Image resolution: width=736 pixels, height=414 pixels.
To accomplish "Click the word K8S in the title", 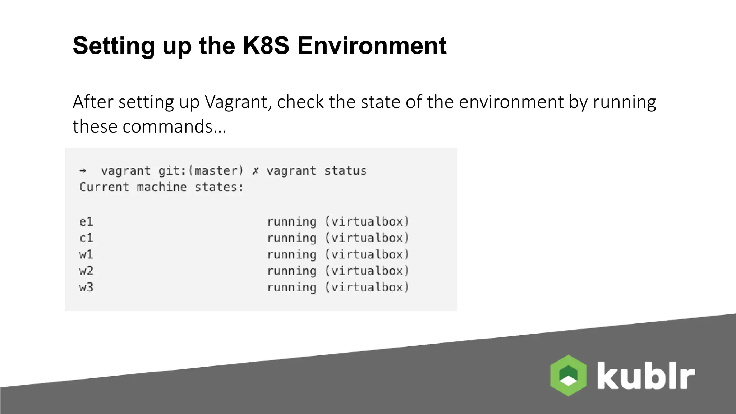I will point(266,46).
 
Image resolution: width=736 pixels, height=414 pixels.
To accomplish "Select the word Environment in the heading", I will point(372,46).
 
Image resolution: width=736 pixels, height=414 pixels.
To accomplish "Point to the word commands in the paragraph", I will point(167,126).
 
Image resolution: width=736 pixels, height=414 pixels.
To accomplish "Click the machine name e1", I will point(86,221).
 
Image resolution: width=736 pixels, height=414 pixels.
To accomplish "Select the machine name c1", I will point(86,238).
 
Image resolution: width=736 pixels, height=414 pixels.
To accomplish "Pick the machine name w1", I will point(86,254).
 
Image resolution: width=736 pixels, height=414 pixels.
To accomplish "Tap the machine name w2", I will point(86,271).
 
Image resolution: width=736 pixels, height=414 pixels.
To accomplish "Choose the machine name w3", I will point(86,287).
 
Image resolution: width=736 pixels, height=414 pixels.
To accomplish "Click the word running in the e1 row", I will point(291,221).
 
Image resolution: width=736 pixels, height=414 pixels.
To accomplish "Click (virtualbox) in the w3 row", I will point(367,287).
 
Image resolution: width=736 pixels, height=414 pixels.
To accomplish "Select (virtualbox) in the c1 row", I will point(367,238).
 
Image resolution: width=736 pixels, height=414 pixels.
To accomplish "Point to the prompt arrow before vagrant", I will point(83,171).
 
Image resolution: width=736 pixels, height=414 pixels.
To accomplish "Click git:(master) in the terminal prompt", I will point(201,171).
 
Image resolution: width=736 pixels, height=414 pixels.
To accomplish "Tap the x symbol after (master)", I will point(255,171).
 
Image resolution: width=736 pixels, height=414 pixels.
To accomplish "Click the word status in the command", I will point(345,171).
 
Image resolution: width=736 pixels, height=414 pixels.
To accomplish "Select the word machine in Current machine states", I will point(162,187).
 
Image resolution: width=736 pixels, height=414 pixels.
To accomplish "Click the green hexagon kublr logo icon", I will point(568,376).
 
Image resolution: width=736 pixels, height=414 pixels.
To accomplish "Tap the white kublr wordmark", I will point(646,376).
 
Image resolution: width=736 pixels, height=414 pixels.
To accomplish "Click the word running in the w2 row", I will point(291,271).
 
